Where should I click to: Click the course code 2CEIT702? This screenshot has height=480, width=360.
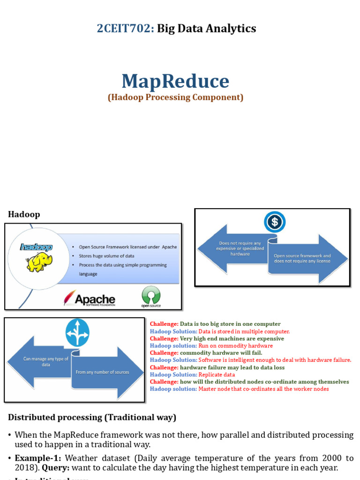pyautogui.click(x=125, y=29)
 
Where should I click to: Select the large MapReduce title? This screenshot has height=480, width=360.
pyautogui.click(x=175, y=81)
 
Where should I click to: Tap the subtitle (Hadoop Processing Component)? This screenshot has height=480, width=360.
pyautogui.click(x=175, y=97)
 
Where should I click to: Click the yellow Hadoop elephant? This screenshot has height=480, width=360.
pyautogui.click(x=39, y=262)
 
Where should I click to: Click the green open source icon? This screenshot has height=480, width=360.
pyautogui.click(x=151, y=296)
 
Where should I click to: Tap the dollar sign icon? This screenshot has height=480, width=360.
pyautogui.click(x=274, y=222)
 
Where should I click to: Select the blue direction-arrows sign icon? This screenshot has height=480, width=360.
pyautogui.click(x=77, y=332)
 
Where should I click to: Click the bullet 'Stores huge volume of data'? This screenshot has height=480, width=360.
pyautogui.click(x=106, y=256)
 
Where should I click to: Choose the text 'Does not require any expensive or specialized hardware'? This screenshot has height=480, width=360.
pyautogui.click(x=240, y=248)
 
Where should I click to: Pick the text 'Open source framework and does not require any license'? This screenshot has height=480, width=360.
pyautogui.click(x=302, y=258)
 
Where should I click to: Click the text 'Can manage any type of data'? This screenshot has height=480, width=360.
pyautogui.click(x=46, y=361)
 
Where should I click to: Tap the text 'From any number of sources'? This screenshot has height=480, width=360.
pyautogui.click(x=102, y=372)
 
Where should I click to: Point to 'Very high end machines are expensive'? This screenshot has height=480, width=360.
pyautogui.click(x=232, y=338)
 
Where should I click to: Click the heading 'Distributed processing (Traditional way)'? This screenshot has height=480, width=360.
pyautogui.click(x=92, y=417)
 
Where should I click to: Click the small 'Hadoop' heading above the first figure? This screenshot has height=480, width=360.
pyautogui.click(x=24, y=214)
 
